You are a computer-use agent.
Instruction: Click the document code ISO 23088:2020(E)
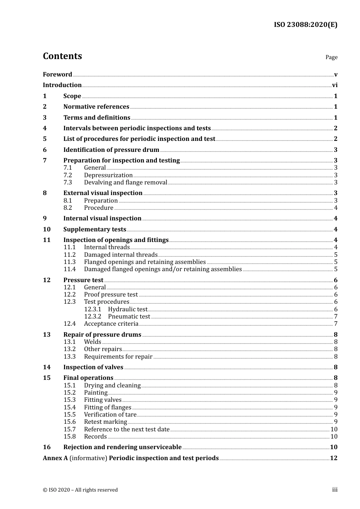point(305,25)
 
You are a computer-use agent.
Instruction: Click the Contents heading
point(62,56)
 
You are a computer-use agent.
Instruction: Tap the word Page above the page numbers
point(331,57)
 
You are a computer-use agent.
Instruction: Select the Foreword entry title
point(57,74)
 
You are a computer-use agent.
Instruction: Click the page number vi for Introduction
point(335,85)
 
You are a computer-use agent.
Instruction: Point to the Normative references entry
point(96,107)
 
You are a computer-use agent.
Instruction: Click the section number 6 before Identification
point(45,150)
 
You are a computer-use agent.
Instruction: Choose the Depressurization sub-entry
point(108,175)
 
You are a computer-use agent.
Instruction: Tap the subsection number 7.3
point(67,183)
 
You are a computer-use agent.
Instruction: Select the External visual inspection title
point(103,193)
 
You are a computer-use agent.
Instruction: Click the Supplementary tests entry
point(95,230)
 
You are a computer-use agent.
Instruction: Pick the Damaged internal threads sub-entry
point(121,255)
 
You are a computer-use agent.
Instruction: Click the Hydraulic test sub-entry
point(127,309)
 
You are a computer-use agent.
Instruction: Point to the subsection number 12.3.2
point(92,317)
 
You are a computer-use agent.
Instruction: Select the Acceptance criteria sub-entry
point(111,324)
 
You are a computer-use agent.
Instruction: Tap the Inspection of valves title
point(93,367)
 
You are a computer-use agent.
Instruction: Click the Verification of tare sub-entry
point(110,415)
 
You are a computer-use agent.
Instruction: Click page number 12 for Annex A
point(333,458)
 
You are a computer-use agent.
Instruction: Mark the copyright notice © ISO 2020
point(80,490)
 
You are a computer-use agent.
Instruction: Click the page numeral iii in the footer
point(335,490)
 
